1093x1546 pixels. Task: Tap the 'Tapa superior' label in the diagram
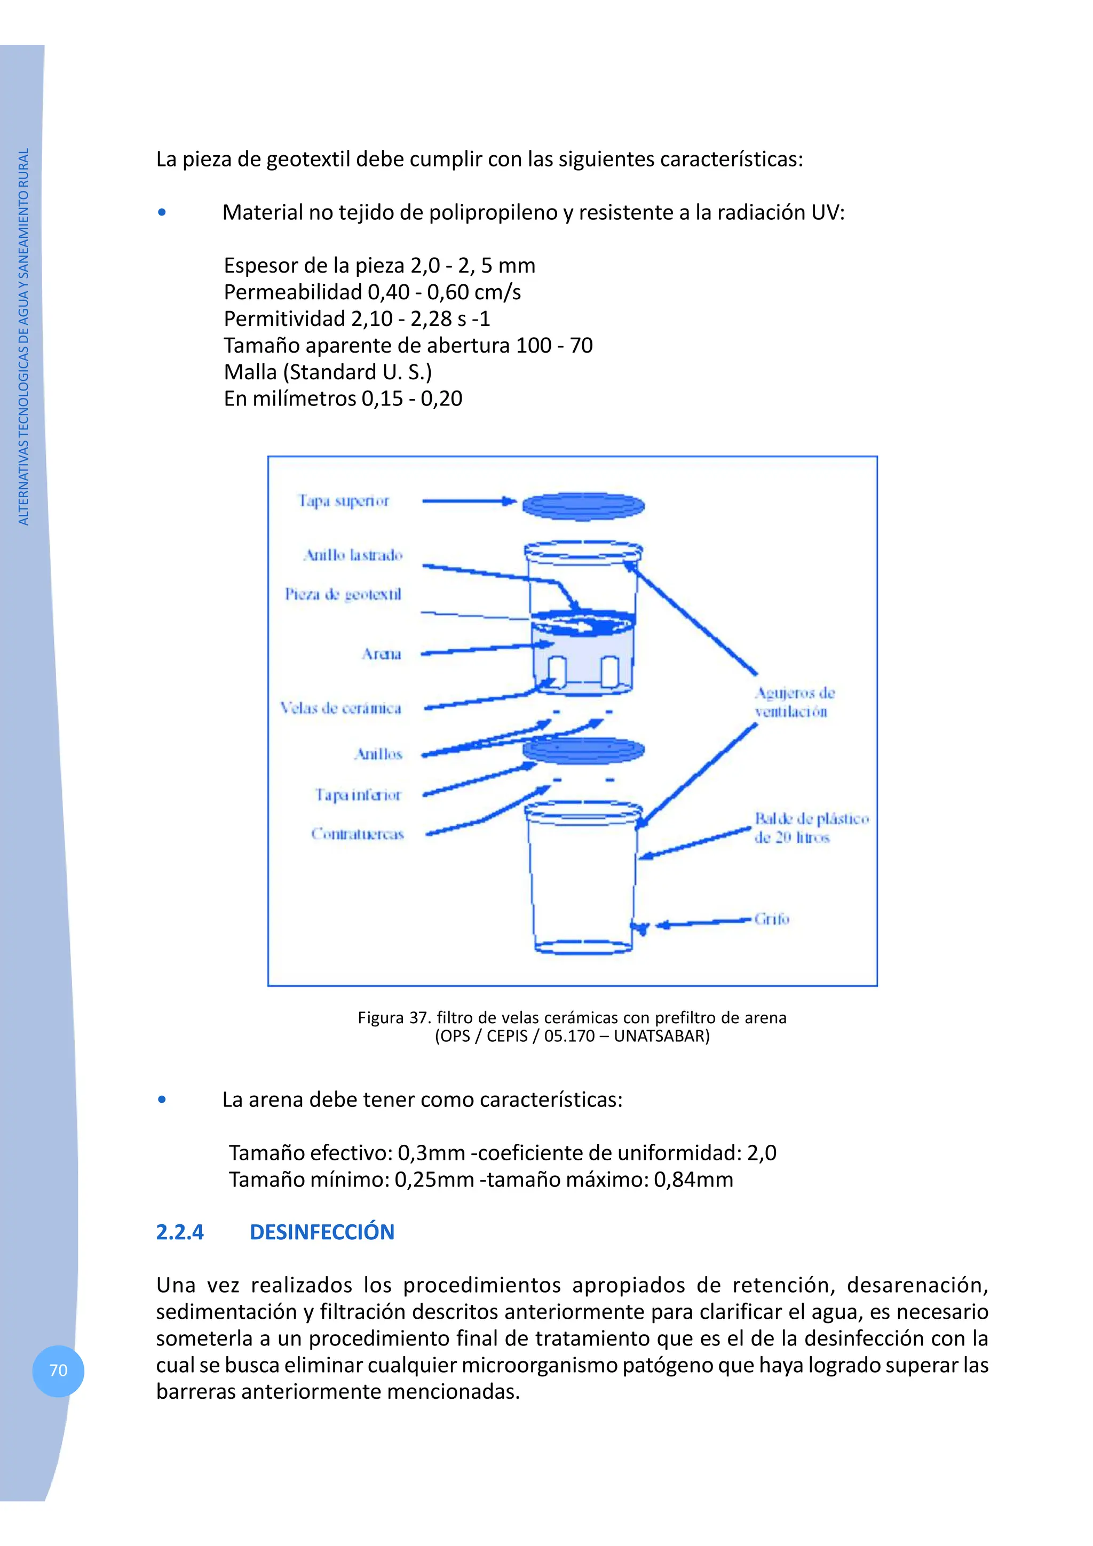click(x=344, y=501)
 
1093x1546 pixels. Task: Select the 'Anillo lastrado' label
click(x=353, y=555)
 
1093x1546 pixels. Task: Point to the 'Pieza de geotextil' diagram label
click(x=343, y=594)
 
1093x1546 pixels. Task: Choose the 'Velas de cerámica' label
click(x=341, y=708)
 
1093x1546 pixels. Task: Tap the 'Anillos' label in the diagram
click(x=378, y=754)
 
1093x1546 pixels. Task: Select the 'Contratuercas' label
click(x=357, y=834)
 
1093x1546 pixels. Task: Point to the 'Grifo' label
click(x=771, y=919)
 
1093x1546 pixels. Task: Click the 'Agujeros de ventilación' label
click(x=794, y=702)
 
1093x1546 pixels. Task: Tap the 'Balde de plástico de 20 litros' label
click(x=811, y=827)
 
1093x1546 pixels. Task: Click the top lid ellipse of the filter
click(x=583, y=506)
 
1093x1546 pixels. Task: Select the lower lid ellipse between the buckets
click(x=583, y=750)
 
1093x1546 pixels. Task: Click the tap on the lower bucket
click(x=641, y=928)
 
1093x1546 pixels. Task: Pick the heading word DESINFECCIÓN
click(x=322, y=1232)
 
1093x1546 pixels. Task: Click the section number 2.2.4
click(x=180, y=1232)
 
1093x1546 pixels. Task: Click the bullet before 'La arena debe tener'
click(x=162, y=1099)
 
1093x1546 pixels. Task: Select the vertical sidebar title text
click(x=23, y=337)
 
